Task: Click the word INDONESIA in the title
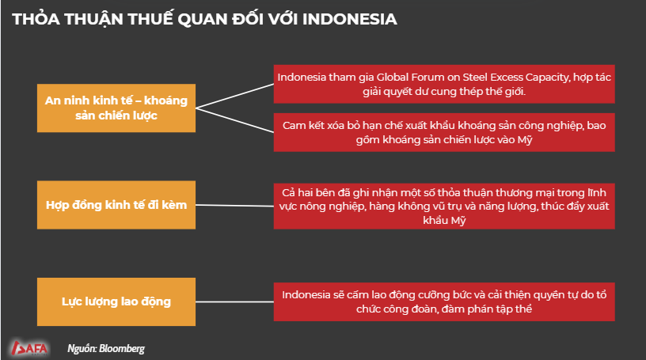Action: [x=349, y=19]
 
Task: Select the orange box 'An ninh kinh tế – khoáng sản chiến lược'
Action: [x=116, y=108]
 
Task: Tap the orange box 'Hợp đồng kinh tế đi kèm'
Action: [x=116, y=205]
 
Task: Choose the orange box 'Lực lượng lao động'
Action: [x=116, y=301]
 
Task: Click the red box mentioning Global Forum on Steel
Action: [x=444, y=84]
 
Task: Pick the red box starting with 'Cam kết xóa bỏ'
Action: [x=444, y=132]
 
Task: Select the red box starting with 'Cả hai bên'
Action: [x=444, y=206]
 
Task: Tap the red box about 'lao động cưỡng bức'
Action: [x=444, y=302]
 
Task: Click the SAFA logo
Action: [x=29, y=348]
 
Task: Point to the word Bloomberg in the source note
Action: [x=122, y=349]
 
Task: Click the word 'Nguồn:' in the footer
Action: [x=82, y=349]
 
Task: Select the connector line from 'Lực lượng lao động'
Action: [x=235, y=302]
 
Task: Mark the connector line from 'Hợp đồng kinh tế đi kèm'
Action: [x=235, y=205]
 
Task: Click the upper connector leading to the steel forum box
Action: [x=235, y=96]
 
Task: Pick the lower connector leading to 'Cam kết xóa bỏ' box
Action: [x=235, y=120]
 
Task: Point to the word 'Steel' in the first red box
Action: [x=475, y=77]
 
